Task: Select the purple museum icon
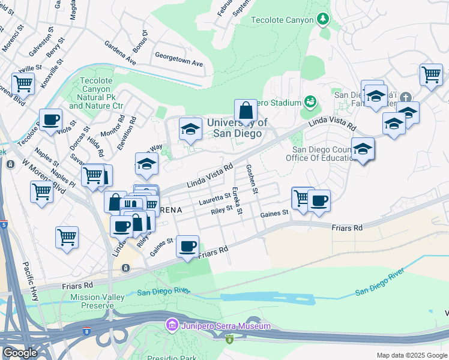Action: pyautogui.click(x=171, y=326)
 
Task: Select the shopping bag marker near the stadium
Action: pyautogui.click(x=246, y=110)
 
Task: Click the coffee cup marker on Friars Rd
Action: pyautogui.click(x=188, y=245)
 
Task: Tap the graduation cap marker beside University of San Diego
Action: pyautogui.click(x=190, y=129)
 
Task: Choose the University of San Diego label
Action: pyautogui.click(x=234, y=127)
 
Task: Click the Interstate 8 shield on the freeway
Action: pyautogui.click(x=229, y=339)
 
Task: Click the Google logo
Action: pyautogui.click(x=20, y=353)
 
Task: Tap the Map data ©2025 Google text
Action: pyautogui.click(x=411, y=355)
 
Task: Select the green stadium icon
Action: pyautogui.click(x=310, y=102)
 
